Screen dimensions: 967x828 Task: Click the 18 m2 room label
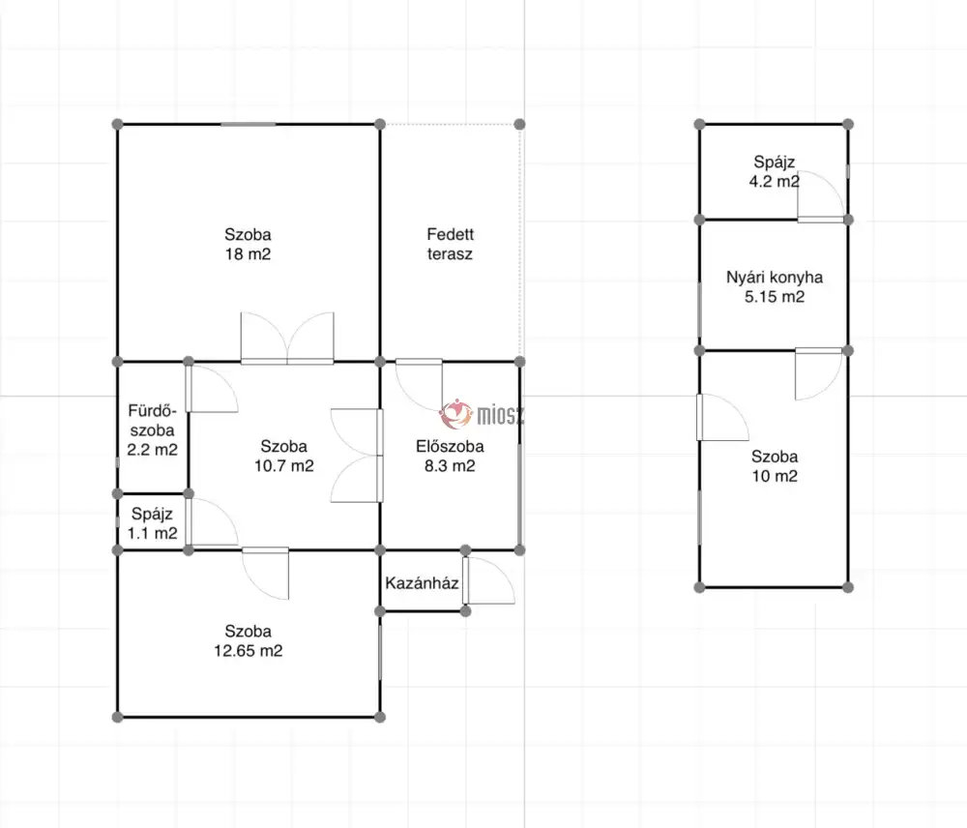(248, 245)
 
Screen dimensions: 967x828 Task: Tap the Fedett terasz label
(451, 245)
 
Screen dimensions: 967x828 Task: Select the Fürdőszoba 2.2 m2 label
(153, 430)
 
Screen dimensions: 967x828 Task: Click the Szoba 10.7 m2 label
(284, 456)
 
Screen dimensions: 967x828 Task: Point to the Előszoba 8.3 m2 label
(451, 456)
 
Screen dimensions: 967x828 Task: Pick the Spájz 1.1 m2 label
(153, 523)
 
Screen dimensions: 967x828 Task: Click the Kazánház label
(422, 583)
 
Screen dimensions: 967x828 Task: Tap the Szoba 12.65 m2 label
(248, 641)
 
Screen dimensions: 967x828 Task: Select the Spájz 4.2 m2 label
(776, 171)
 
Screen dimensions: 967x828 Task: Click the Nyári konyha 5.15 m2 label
(775, 287)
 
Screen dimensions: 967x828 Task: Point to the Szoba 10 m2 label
(775, 466)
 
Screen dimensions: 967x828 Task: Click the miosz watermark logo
(482, 414)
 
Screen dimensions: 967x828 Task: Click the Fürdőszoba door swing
(212, 389)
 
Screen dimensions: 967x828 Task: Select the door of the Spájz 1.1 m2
(212, 522)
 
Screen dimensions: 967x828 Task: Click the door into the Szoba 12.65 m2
(265, 574)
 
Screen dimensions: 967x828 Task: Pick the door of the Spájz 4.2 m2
(821, 196)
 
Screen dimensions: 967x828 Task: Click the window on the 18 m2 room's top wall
(249, 125)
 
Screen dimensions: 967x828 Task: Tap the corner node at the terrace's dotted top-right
(520, 125)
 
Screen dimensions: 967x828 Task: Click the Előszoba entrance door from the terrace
(419, 386)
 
